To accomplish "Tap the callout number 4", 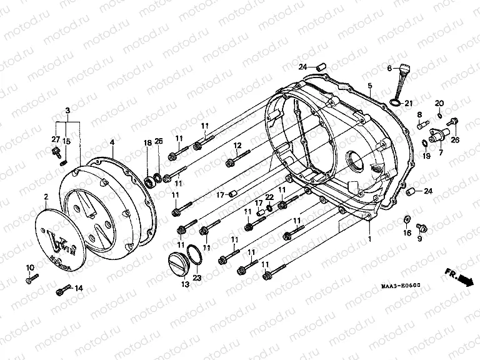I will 111,142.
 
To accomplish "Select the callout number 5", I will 370,85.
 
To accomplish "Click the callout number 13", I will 184,284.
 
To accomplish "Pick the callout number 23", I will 197,277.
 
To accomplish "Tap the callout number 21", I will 409,103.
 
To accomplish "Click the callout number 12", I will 237,146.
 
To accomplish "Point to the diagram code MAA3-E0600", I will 400,286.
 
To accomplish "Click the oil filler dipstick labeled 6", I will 399,83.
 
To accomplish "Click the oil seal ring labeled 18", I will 150,181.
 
